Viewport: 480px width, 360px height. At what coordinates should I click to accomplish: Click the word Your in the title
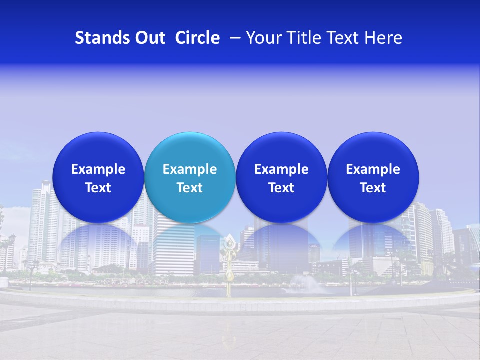click(x=261, y=38)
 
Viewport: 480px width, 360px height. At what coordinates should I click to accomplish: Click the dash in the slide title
click(x=233, y=38)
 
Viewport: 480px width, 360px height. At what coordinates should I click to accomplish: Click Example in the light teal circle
click(x=190, y=169)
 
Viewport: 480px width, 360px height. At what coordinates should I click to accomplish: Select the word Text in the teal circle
click(x=190, y=188)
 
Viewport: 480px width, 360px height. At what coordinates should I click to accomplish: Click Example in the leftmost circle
click(x=98, y=169)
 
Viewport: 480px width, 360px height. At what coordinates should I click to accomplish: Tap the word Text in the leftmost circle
click(x=98, y=188)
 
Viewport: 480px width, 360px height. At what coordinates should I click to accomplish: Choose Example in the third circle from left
click(x=281, y=169)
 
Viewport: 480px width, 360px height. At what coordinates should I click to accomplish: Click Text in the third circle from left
click(x=281, y=188)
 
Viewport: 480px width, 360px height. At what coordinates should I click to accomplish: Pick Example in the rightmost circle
click(x=373, y=169)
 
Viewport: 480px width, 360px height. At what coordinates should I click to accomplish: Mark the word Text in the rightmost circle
click(x=373, y=188)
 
